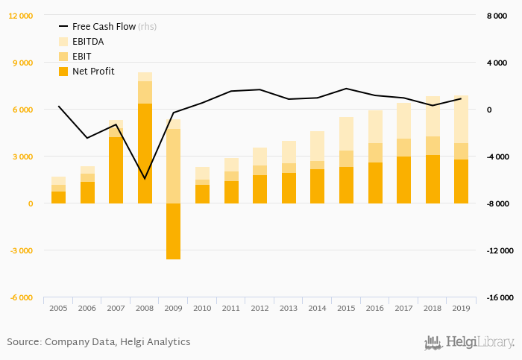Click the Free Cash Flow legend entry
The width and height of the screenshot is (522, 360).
104,26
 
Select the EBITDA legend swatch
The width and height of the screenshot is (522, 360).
63,42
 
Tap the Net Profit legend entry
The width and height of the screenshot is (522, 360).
92,72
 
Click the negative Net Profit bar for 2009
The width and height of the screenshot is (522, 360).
173,231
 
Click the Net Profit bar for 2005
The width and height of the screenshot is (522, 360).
58,198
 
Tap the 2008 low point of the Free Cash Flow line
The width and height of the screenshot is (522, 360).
145,179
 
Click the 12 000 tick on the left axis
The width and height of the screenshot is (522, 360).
21,16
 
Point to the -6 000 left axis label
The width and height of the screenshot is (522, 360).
21,297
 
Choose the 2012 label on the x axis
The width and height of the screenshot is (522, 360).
259,308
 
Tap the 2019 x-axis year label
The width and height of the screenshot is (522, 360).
460,308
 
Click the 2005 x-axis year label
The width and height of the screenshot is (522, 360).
58,308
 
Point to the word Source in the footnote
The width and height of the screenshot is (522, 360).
23,342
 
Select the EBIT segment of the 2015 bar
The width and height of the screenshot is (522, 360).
345,159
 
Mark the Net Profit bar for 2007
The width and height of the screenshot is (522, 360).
116,170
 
